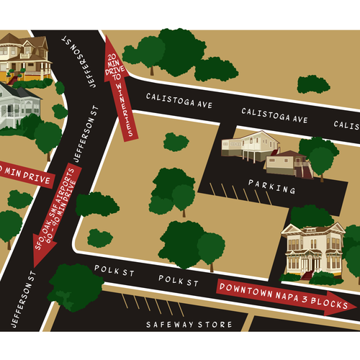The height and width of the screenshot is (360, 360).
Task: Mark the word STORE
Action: point(218,324)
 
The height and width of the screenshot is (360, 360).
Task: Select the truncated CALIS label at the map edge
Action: point(346,124)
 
